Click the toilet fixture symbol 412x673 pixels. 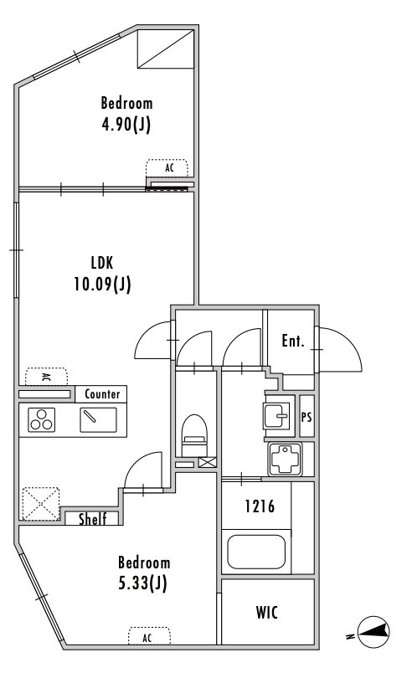pos(194,435)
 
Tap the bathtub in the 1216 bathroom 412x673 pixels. pos(256,552)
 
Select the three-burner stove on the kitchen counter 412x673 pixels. pos(42,419)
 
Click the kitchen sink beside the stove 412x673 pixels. pos(98,419)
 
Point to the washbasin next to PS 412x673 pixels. pos(277,415)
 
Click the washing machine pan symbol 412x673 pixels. pos(285,460)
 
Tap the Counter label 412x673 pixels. pos(102,394)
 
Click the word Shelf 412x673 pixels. pos(92,519)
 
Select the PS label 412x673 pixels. pos(306,417)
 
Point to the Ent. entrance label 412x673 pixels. pos(293,342)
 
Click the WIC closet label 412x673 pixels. pos(267,613)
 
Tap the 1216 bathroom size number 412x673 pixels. pos(260,506)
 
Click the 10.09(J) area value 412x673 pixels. pos(102,284)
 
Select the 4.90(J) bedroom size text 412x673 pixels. pos(126,125)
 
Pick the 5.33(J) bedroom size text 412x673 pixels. pos(142,583)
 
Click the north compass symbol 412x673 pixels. pos(373,632)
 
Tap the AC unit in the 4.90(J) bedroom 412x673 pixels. pos(167,167)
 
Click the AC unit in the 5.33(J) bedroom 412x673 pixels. pos(149,636)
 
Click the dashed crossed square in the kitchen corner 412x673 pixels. pos(41,504)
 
